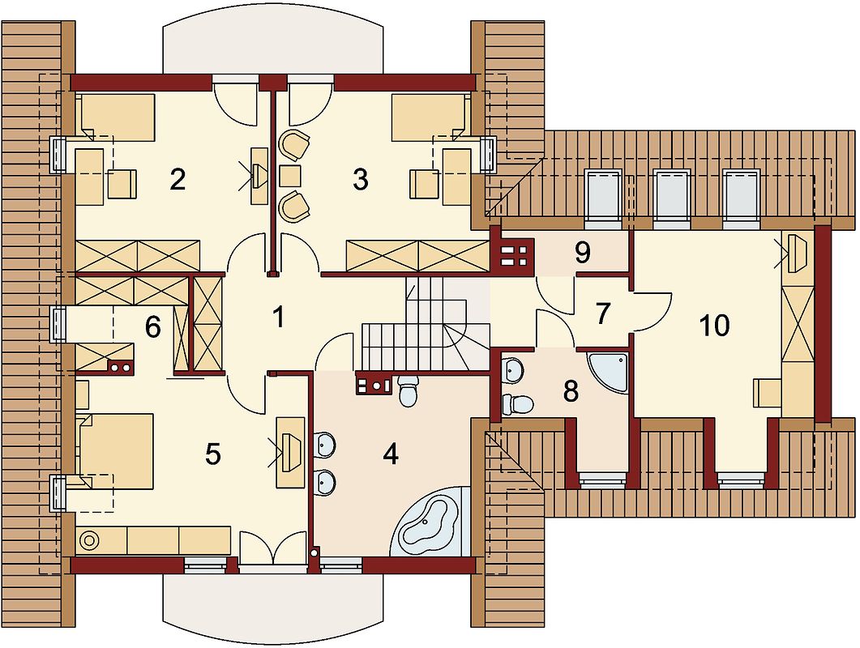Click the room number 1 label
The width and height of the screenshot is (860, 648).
click(279, 317)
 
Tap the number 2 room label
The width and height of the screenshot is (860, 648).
click(178, 179)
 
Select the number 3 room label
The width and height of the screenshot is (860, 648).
click(360, 179)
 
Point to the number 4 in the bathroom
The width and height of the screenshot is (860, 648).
click(391, 454)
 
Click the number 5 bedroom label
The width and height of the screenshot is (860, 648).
click(212, 454)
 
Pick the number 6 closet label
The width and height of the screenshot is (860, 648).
click(153, 328)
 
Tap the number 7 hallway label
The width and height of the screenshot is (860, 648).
click(602, 313)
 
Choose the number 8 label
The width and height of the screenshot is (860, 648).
click(571, 391)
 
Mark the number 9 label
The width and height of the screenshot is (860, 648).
click(582, 253)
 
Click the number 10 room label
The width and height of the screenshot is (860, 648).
click(715, 325)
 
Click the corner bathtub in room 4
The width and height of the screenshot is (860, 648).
click(431, 522)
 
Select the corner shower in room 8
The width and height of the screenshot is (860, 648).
click(608, 373)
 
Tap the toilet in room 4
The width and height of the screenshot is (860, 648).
click(408, 390)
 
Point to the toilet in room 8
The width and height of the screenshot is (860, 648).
click(517, 404)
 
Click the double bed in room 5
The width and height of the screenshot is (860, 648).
click(116, 451)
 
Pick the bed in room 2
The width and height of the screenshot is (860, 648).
click(118, 115)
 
